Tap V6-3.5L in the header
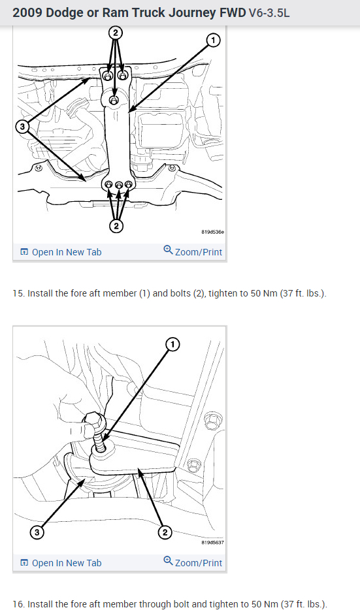[x=269, y=13]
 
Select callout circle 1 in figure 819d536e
[x=213, y=40]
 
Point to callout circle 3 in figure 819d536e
[x=22, y=127]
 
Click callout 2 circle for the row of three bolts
[x=116, y=225]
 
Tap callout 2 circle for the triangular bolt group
[x=115, y=32]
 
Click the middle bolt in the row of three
[x=119, y=184]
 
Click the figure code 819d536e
[x=212, y=232]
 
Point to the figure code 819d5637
[x=212, y=542]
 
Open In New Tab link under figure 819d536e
[x=61, y=252]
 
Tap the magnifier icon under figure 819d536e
[x=168, y=249]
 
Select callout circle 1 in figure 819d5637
[x=172, y=344]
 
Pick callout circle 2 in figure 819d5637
[x=165, y=532]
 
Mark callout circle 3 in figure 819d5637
[x=37, y=532]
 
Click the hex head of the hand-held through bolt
[x=93, y=420]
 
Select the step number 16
[x=18, y=603]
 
